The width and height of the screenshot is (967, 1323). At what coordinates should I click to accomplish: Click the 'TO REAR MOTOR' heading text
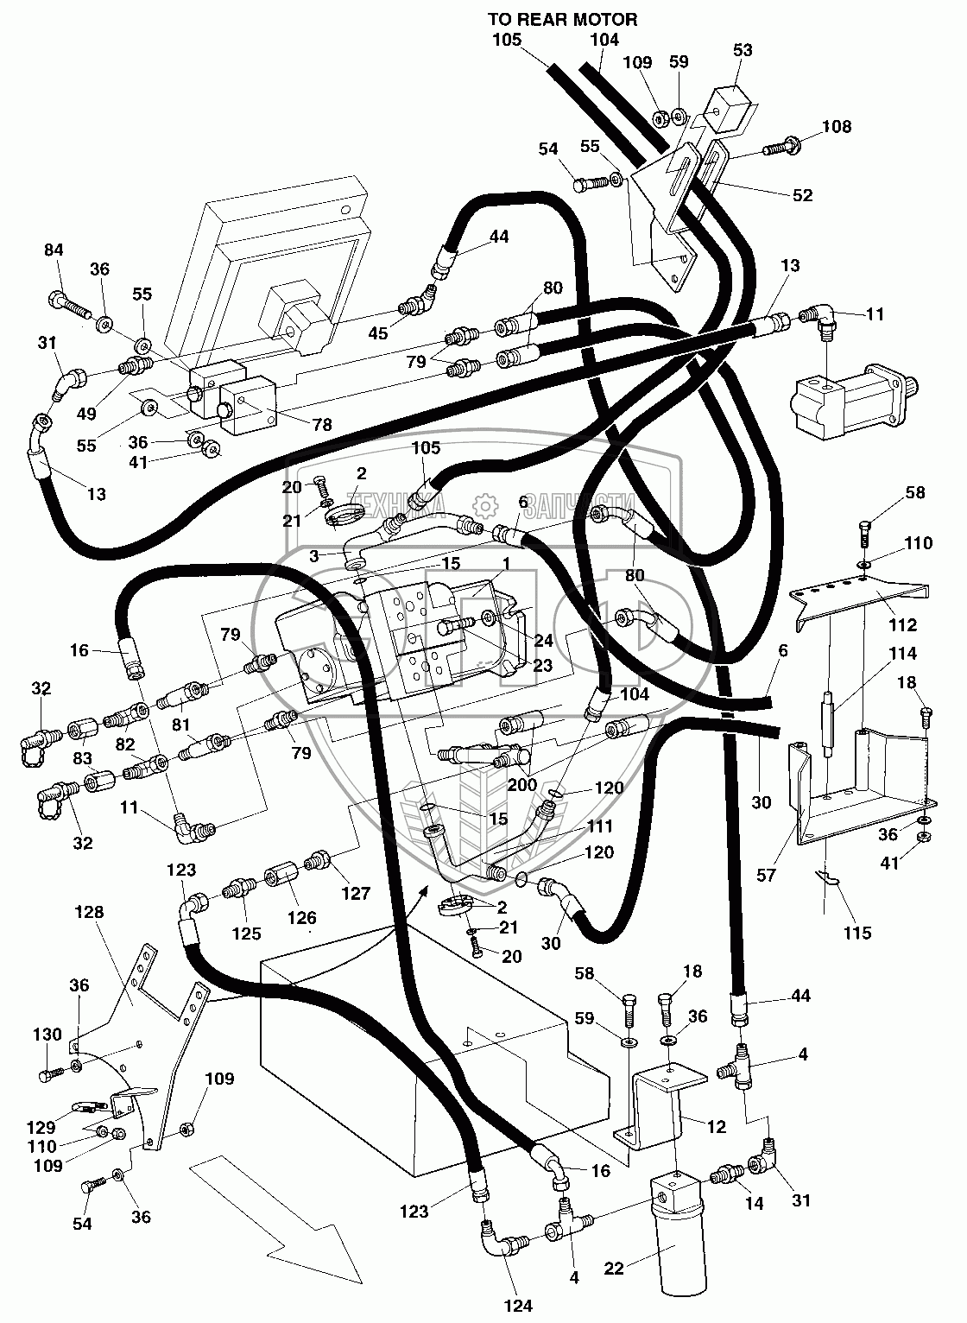[x=562, y=19]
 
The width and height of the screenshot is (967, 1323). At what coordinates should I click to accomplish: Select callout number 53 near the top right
[x=742, y=51]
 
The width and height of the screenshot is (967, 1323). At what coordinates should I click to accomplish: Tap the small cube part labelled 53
[x=729, y=107]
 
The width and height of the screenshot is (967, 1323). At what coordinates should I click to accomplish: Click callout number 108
[x=836, y=127]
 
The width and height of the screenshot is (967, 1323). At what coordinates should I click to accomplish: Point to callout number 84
[x=54, y=250]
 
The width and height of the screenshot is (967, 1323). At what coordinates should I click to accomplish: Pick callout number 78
[x=321, y=425]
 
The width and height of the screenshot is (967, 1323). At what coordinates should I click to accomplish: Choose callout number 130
[x=47, y=1035]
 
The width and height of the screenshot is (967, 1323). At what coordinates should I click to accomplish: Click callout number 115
[x=858, y=933]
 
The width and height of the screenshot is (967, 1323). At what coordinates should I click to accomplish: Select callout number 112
[x=903, y=624]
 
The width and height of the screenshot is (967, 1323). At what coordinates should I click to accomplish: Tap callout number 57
[x=766, y=875]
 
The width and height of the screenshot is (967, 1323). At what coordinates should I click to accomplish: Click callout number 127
[x=356, y=895]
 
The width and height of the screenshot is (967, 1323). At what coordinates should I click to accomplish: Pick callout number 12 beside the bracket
[x=716, y=1127]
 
